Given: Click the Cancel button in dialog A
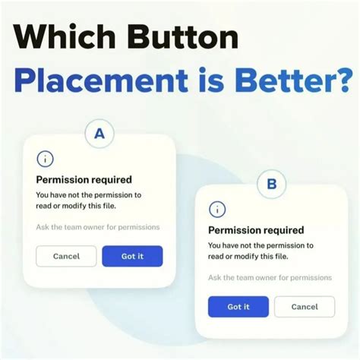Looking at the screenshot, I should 66,256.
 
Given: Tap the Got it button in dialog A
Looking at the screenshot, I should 132,256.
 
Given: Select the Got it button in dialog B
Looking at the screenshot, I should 238,306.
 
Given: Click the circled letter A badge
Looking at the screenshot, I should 99,135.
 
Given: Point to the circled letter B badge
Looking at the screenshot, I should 271,183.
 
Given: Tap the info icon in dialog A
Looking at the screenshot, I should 46,159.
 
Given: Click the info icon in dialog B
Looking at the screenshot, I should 217,209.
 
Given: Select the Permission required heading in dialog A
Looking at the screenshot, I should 84,180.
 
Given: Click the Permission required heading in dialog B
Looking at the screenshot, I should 255,230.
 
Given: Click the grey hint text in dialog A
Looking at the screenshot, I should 97,227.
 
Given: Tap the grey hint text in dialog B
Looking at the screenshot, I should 270,277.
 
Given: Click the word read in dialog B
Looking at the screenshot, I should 217,256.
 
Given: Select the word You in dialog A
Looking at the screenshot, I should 43,195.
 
